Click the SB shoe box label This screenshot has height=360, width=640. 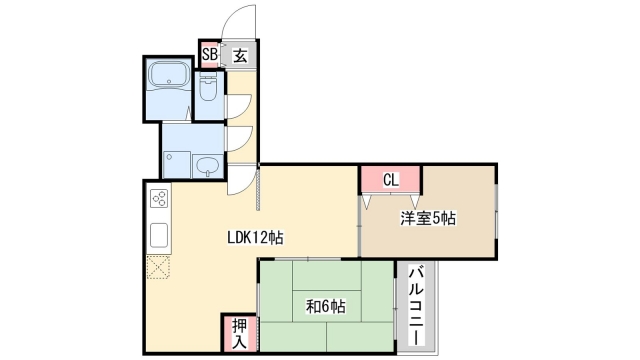click(x=210, y=55)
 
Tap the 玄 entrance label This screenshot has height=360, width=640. click(x=241, y=55)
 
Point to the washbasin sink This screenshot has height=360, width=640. click(x=208, y=166)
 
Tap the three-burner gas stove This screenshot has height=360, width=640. click(x=160, y=199)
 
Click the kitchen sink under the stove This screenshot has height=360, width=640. click(x=160, y=235)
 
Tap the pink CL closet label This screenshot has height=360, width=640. click(x=390, y=180)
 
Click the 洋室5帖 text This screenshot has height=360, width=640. click(x=428, y=218)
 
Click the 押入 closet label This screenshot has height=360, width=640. click(x=240, y=331)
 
